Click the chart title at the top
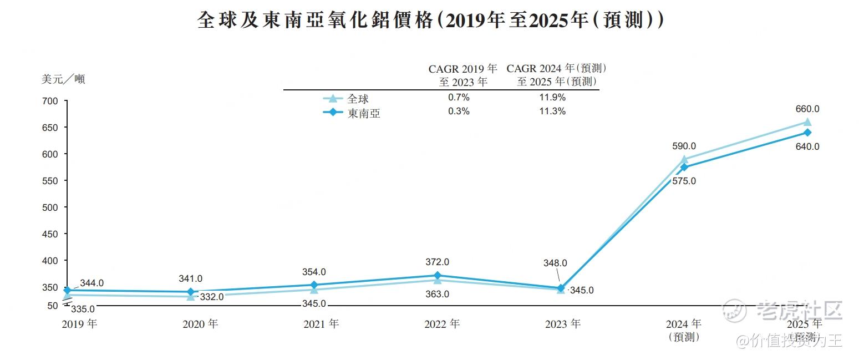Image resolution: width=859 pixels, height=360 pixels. coord(430,21)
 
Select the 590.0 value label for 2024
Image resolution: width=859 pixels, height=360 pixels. coord(683,146)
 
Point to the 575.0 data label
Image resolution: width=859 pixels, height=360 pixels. coord(683,181)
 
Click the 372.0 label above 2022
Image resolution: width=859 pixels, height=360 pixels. coord(437,262)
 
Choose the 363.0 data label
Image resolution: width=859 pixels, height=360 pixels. coord(437,294)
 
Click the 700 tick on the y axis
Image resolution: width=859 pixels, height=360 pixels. coord(50,101)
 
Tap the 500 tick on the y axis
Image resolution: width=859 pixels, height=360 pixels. coord(50,207)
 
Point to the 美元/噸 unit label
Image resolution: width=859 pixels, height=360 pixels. coord(63,79)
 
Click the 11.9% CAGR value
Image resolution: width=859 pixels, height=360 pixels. coord(552,97)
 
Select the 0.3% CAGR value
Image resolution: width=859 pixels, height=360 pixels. coord(459,111)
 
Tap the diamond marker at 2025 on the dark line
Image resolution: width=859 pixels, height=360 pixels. coord(807,133)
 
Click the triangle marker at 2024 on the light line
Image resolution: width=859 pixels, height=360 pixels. coord(684,160)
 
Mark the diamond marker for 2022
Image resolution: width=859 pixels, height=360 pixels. coord(437,276)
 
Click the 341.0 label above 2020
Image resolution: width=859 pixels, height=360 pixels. coord(191,278)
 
